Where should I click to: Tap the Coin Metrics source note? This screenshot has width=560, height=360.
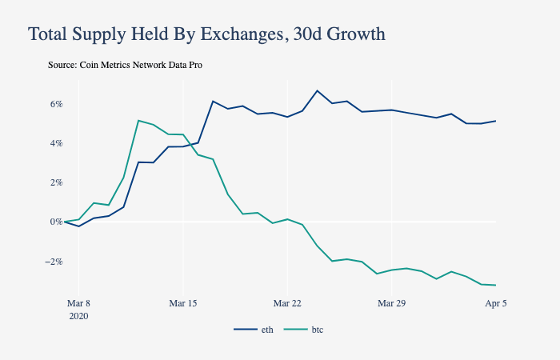125,65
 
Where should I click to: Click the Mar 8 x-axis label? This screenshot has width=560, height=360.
78,304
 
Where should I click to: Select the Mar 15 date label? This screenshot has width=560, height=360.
183,304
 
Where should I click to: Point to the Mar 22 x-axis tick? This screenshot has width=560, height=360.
287,304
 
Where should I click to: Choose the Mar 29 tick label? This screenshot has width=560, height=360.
392,304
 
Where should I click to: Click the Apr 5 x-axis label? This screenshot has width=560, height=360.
496,304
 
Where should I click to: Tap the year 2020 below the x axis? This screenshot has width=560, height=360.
78,316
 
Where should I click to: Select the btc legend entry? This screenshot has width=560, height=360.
306,330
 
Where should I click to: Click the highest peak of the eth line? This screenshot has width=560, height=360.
318,90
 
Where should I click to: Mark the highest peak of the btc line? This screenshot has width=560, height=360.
138,121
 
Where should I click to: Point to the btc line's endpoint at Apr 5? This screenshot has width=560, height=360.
496,285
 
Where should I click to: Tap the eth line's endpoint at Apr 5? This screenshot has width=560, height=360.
496,121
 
